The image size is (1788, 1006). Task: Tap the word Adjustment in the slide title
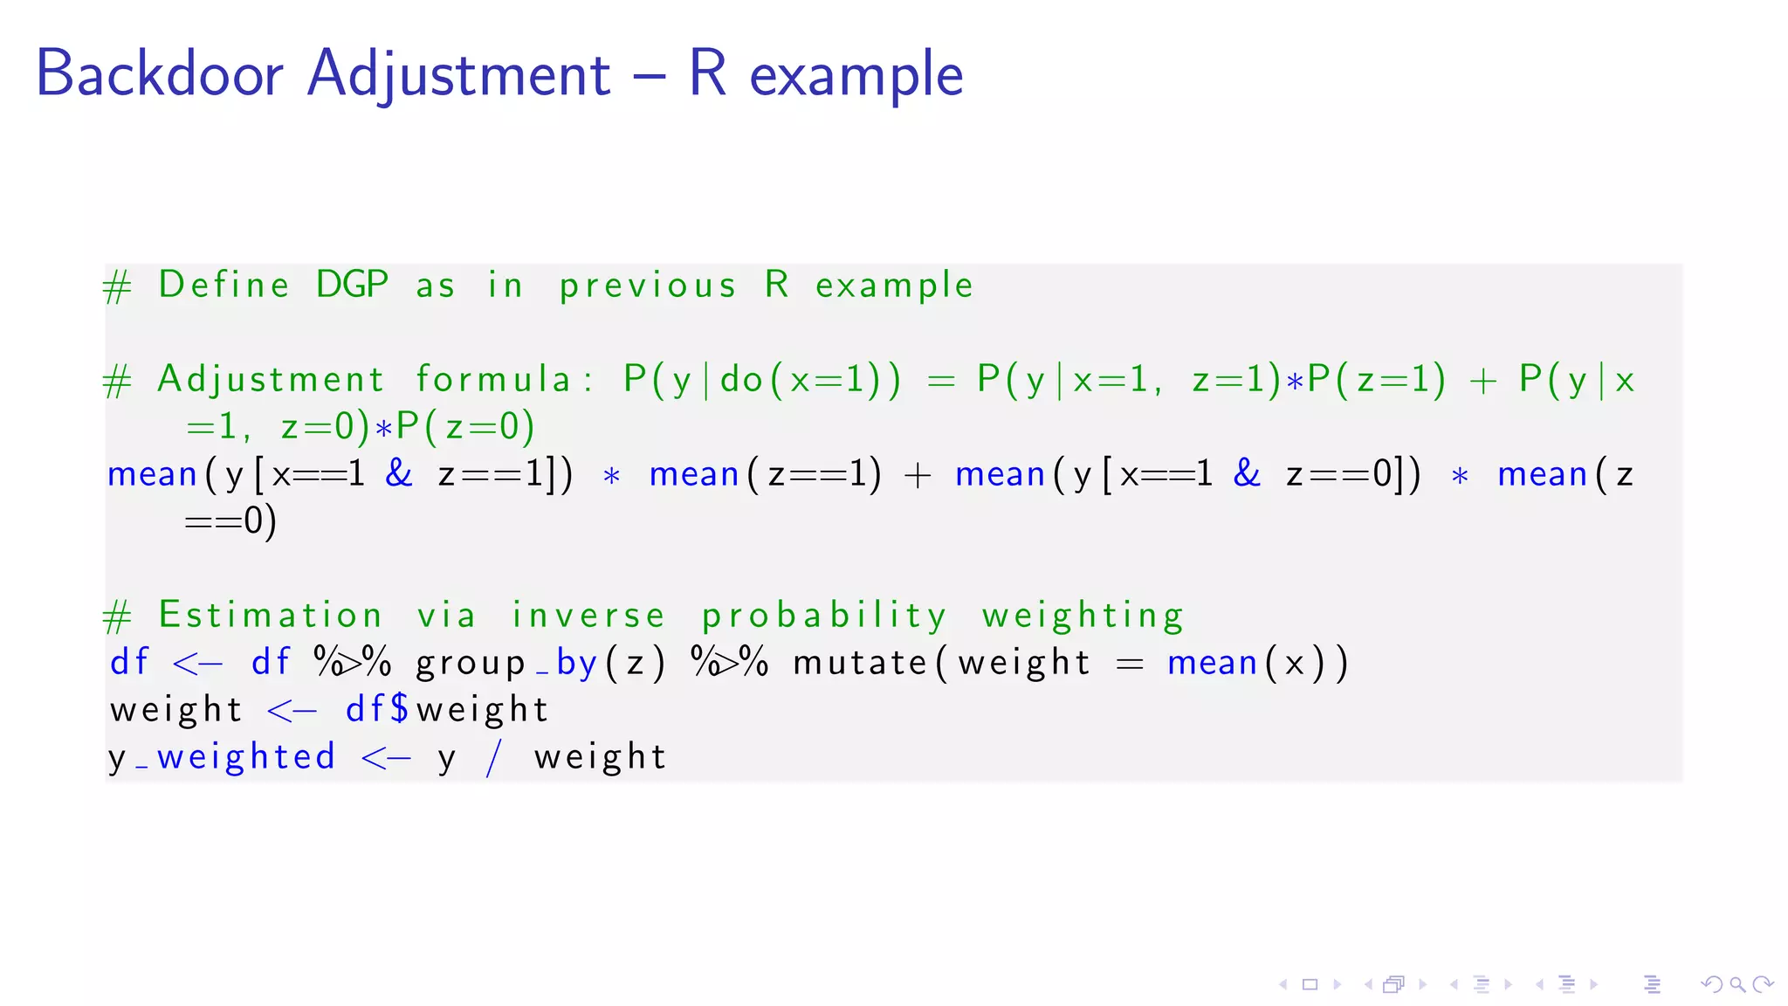459,73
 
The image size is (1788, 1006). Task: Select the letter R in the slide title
707,73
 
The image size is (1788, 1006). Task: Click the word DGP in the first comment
352,285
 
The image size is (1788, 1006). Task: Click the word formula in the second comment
493,379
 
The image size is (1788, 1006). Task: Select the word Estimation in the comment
271,615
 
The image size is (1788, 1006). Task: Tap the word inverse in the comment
588,615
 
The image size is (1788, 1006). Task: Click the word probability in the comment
824,617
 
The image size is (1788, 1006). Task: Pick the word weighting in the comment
1083,617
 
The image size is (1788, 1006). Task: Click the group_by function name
506,663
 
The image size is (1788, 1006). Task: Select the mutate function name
860,663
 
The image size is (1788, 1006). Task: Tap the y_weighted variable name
222,757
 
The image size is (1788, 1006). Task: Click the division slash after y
494,757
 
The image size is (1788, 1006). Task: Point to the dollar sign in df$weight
400,709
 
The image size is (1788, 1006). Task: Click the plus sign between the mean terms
918,475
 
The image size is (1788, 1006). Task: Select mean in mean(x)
1212,663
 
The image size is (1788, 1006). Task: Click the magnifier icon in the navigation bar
1737,985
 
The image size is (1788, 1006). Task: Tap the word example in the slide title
856,75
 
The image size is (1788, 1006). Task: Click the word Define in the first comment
224,285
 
